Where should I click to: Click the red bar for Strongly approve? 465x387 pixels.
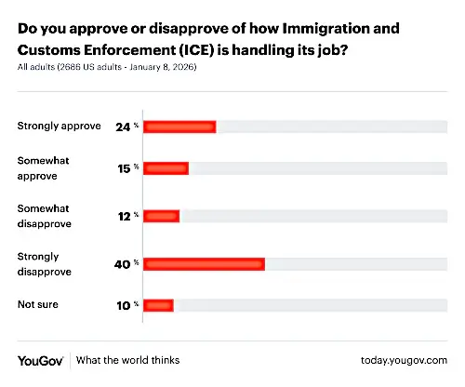pos(179,127)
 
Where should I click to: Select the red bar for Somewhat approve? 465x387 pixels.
pos(166,168)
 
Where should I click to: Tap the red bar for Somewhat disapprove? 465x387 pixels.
pos(161,216)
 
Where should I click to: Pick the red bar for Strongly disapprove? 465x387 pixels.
pos(204,264)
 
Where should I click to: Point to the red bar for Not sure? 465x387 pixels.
pos(158,305)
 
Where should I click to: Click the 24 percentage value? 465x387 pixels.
pos(126,127)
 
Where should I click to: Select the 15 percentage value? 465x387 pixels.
pos(127,168)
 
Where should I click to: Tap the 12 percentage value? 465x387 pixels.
pos(128,217)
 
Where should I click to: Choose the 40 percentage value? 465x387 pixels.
pos(126,264)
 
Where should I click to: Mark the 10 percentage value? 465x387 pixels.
pos(127,306)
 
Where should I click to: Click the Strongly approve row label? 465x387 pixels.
pos(59,127)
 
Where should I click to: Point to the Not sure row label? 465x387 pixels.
pos(38,304)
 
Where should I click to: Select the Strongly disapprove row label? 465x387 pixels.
pos(45,264)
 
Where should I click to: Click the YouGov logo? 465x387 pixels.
pos(41,361)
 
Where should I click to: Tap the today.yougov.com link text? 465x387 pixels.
pos(404,360)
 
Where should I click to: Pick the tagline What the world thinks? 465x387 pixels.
pos(127,360)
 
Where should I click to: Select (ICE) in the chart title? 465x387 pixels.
pos(197,50)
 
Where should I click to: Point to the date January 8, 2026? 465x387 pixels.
pos(162,67)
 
